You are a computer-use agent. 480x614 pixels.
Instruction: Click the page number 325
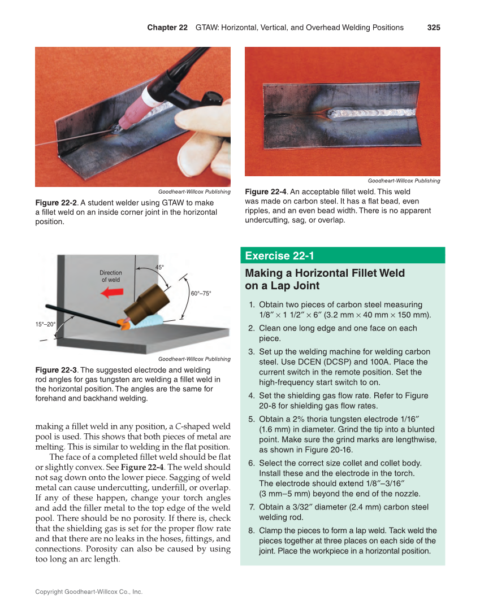pos(433,28)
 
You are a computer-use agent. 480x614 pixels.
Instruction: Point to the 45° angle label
pos(160,267)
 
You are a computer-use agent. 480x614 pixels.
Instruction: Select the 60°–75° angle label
pos(201,294)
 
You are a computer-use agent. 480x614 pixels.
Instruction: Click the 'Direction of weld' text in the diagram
pos(111,276)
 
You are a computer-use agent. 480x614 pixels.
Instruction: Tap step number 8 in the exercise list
pos(251,530)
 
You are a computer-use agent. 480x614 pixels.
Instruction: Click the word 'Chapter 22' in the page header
pos(167,28)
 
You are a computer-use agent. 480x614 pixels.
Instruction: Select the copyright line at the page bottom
pos(89,592)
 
